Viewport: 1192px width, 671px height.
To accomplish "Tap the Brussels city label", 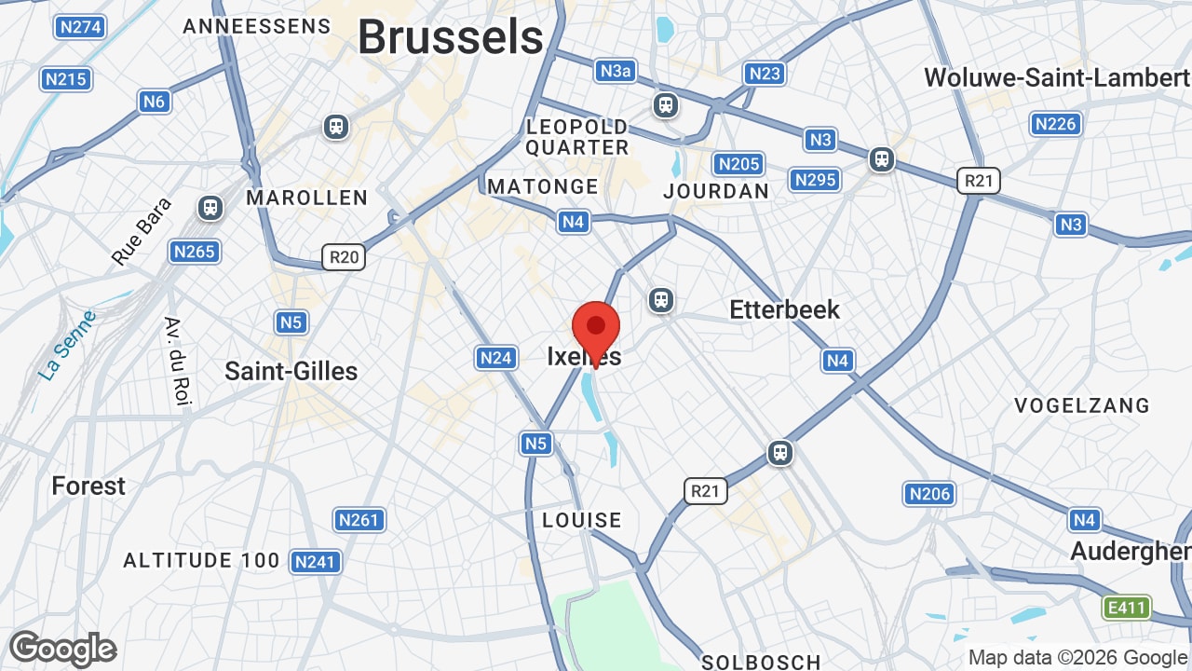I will (x=450, y=37).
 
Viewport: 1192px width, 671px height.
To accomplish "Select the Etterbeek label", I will (x=784, y=309).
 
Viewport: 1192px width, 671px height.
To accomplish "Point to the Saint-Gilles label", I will (x=291, y=371).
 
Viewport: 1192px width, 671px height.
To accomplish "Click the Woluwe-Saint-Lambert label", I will (x=1056, y=77).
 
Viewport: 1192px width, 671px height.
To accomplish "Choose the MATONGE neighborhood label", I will (x=543, y=186).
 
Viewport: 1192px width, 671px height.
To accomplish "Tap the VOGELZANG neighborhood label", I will (x=1082, y=405).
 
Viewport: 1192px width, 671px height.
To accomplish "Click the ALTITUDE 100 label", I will (x=202, y=560).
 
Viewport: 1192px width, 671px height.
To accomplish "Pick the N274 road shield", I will (x=79, y=27).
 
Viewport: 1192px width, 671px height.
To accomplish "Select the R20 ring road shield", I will (x=344, y=257).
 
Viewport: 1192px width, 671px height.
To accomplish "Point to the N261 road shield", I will (x=359, y=519).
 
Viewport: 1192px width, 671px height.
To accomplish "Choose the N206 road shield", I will (x=929, y=494).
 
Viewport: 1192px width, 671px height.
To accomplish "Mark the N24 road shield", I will (x=496, y=357).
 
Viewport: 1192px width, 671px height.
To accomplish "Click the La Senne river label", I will (x=68, y=344).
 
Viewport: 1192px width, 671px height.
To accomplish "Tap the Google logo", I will (x=62, y=649).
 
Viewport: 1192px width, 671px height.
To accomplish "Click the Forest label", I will (x=88, y=486).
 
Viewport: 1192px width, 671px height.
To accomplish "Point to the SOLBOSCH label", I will (x=761, y=662).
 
